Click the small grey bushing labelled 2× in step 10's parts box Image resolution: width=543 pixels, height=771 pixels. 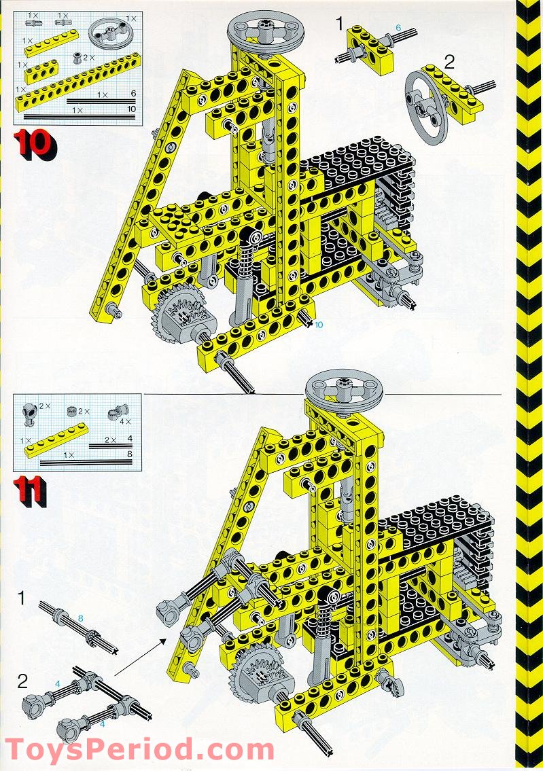click(78, 57)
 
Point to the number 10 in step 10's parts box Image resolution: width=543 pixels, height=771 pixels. click(131, 109)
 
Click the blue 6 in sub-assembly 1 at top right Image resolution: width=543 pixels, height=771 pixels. click(398, 26)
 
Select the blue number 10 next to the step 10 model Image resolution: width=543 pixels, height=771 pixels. click(318, 325)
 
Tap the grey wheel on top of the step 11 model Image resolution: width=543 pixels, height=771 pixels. click(344, 387)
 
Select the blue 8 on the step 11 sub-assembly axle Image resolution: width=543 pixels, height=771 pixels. click(80, 618)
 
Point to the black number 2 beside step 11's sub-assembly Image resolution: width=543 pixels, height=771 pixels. click(22, 681)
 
